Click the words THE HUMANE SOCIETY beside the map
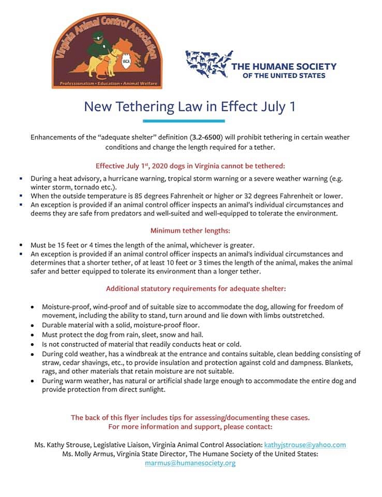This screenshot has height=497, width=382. (x=284, y=66)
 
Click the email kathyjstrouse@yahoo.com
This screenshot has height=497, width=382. (x=304, y=444)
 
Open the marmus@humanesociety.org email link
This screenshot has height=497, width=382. (x=190, y=463)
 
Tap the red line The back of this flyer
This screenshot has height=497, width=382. (x=190, y=417)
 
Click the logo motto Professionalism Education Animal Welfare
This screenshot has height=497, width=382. (x=107, y=83)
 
